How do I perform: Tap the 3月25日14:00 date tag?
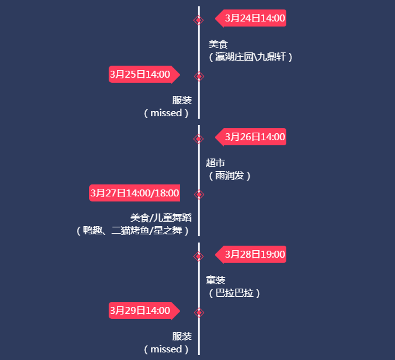click(140, 75)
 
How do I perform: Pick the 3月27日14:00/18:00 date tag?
click(135, 193)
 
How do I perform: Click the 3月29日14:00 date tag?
click(140, 311)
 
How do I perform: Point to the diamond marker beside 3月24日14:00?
click(198, 20)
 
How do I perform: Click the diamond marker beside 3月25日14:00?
click(199, 76)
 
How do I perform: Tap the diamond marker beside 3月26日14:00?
click(198, 138)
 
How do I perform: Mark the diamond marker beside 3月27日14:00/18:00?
click(199, 195)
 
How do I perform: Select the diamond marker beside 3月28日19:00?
click(198, 256)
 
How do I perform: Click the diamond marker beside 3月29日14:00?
click(199, 312)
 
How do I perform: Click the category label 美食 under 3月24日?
click(217, 44)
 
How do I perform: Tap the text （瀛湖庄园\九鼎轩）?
click(250, 57)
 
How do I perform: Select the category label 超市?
click(216, 162)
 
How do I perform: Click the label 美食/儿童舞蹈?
click(161, 218)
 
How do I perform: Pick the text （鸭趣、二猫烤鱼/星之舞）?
click(132, 231)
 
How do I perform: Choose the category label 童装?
click(216, 280)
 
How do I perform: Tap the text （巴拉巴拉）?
click(234, 293)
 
